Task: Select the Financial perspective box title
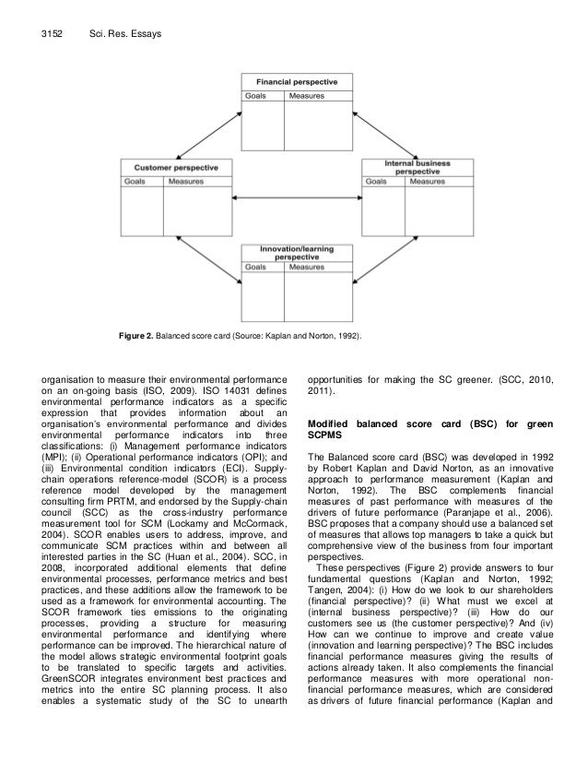[296, 82]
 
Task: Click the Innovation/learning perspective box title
[296, 253]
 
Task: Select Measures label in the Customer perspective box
[185, 182]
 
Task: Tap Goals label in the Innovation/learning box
[256, 267]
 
